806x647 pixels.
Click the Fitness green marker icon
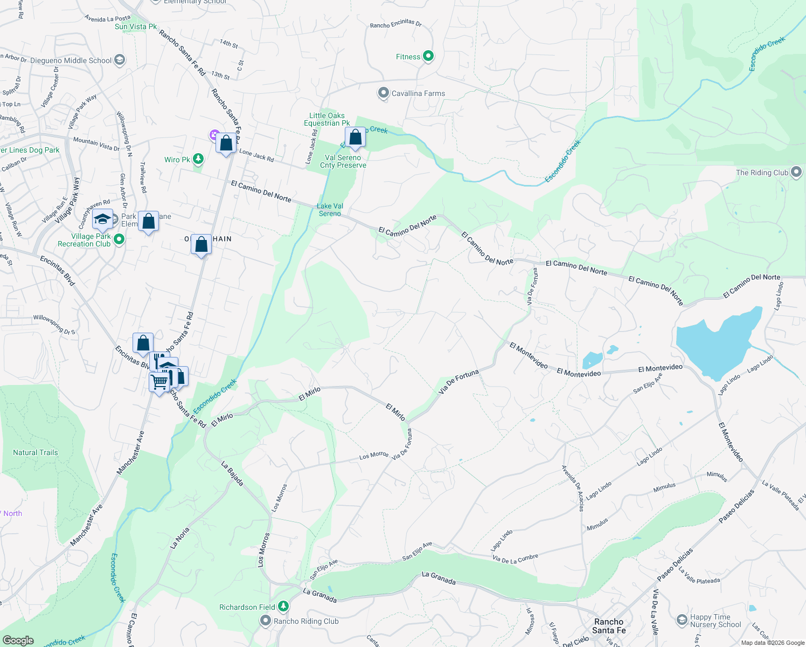coord(428,56)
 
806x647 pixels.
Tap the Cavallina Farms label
coord(418,93)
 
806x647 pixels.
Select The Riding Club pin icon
coord(796,173)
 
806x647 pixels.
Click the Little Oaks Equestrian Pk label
coord(326,119)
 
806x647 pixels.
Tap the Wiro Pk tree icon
coord(198,159)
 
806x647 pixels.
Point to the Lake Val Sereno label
coord(330,210)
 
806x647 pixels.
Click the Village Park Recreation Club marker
coord(119,239)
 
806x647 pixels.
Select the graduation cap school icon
coord(102,219)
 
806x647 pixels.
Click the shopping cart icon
coord(159,382)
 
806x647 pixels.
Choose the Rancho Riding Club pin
coord(265,621)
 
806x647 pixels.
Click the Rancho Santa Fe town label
coord(609,626)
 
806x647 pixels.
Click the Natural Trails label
coord(36,452)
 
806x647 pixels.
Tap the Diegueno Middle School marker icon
coord(120,60)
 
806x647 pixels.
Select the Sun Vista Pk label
coord(136,26)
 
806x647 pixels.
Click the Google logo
coord(18,641)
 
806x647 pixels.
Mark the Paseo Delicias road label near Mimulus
coord(736,506)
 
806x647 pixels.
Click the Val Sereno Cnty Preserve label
coord(343,161)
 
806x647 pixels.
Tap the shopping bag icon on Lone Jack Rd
coord(226,143)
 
